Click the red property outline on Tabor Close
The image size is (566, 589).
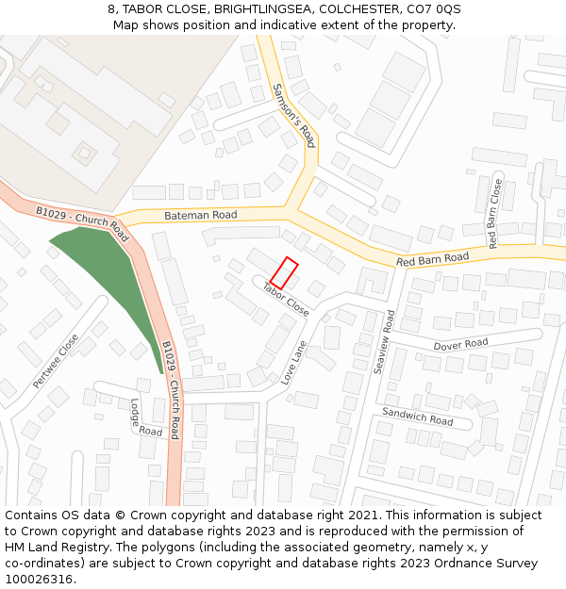(x=285, y=272)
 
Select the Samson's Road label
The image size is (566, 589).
(x=293, y=115)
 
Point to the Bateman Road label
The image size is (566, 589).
(x=200, y=215)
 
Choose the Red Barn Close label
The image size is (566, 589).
(x=494, y=214)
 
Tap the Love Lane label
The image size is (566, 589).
(x=294, y=363)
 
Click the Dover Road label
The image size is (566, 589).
(x=460, y=345)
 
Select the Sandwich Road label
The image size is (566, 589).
(x=417, y=416)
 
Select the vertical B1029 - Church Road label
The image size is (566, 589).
(x=170, y=389)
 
